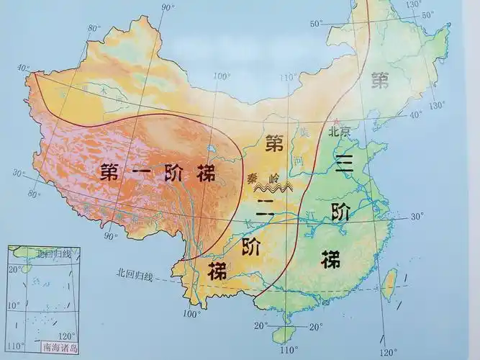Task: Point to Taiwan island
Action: (x=389, y=283)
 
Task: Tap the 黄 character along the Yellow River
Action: (x=305, y=132)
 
